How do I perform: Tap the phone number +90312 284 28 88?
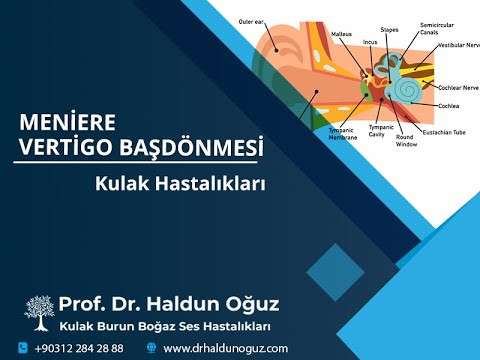(x=79, y=348)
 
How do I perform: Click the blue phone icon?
(x=21, y=348)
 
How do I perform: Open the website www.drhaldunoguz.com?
(x=225, y=348)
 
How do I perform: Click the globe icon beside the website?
(x=151, y=348)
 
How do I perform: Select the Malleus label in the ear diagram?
(x=342, y=33)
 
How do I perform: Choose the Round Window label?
(x=405, y=140)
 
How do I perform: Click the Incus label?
(x=369, y=43)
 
